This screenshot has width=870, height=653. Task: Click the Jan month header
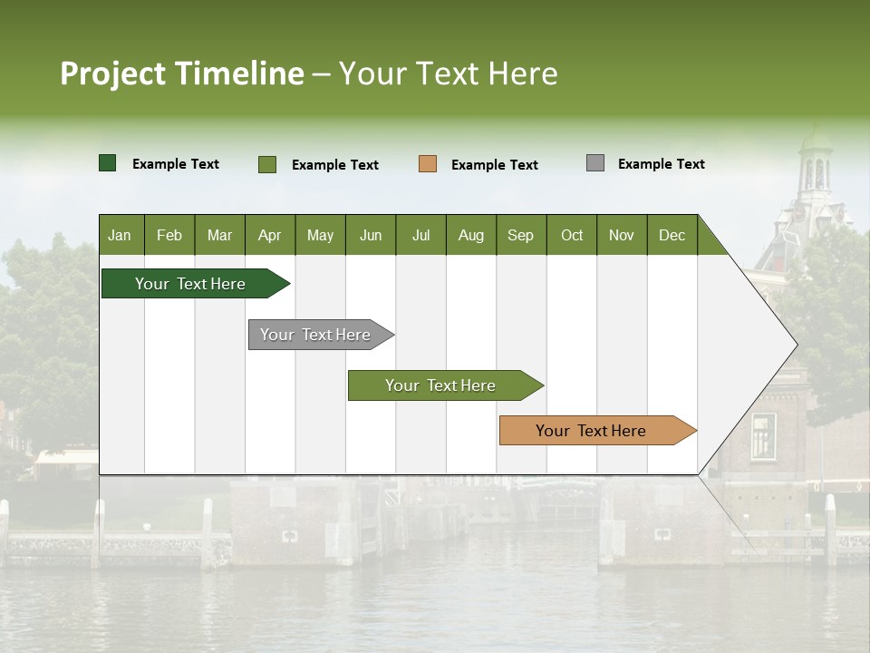tap(120, 235)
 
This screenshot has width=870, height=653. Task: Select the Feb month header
tap(169, 235)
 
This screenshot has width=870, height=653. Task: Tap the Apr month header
tap(269, 235)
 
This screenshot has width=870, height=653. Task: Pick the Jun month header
tap(371, 235)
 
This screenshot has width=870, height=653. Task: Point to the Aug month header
tap(470, 235)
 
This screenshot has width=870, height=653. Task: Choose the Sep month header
tap(520, 235)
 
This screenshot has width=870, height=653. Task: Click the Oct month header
tap(572, 235)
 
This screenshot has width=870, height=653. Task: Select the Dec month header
tap(672, 235)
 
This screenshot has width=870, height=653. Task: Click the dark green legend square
tap(108, 163)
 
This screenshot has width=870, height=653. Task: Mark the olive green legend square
tap(267, 164)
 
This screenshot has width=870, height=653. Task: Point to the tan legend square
tap(428, 164)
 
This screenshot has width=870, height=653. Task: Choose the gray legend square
tap(595, 163)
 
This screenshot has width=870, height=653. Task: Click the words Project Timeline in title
tap(181, 73)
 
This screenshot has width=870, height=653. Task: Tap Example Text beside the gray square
tap(661, 163)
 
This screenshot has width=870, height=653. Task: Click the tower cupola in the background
tap(816, 163)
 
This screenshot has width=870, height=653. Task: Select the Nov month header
tap(621, 235)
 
